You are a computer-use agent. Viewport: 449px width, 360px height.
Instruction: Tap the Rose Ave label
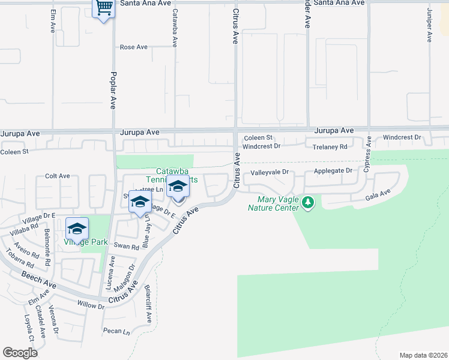click(133, 47)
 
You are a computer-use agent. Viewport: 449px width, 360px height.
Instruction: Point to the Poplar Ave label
click(112, 90)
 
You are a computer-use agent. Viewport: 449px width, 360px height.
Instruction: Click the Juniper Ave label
click(429, 25)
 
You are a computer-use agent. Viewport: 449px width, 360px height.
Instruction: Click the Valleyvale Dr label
click(270, 172)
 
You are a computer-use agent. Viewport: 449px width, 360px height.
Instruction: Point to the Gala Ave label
click(378, 194)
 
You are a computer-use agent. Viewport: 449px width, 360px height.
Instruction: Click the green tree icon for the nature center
click(308, 203)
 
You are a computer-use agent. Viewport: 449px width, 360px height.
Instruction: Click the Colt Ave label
click(58, 176)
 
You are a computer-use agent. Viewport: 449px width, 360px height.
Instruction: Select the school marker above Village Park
click(77, 229)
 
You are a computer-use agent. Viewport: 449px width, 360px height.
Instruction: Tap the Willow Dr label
click(91, 305)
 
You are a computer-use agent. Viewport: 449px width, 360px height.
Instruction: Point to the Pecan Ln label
click(116, 331)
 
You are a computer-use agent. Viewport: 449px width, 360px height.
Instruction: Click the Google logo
click(20, 353)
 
